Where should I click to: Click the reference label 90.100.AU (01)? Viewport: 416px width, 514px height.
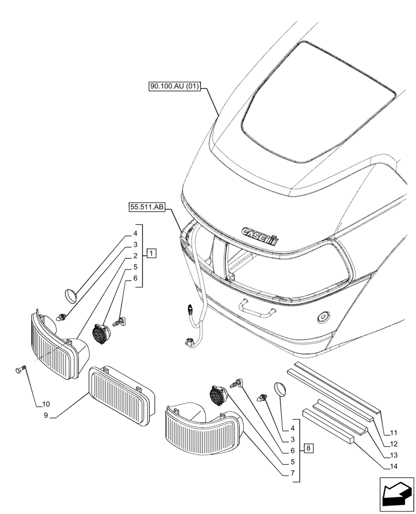pos(174,88)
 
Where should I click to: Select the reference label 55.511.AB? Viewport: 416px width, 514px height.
pos(147,207)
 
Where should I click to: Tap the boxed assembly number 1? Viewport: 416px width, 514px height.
pos(151,253)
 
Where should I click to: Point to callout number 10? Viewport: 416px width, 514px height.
pos(46,403)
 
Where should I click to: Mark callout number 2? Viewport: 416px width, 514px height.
pos(135,255)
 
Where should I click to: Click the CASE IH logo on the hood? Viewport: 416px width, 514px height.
pos(260,235)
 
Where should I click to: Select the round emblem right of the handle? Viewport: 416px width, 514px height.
pos(324,318)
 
